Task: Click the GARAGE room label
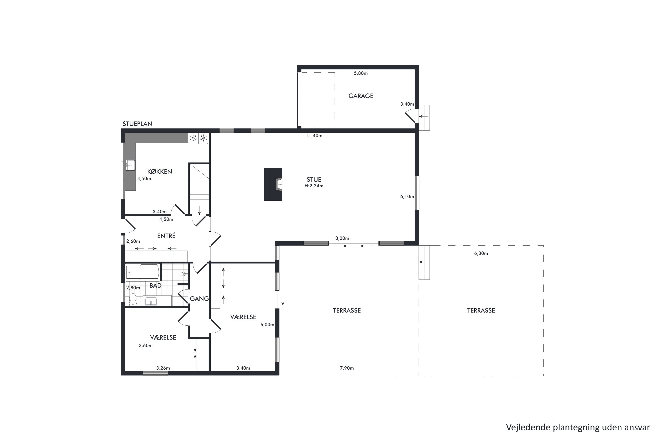[361, 96]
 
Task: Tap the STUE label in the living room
[314, 179]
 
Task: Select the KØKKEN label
[160, 171]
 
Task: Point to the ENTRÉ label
[166, 236]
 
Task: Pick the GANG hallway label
[199, 298]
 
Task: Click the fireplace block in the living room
[273, 184]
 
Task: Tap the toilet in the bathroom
[133, 299]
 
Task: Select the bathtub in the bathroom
[142, 272]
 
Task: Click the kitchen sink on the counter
[130, 165]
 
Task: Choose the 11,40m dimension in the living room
[314, 136]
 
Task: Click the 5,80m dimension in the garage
[361, 73]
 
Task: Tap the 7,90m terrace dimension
[347, 368]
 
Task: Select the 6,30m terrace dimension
[481, 253]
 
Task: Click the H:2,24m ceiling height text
[314, 186]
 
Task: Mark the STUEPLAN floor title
[137, 124]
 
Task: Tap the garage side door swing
[410, 117]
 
